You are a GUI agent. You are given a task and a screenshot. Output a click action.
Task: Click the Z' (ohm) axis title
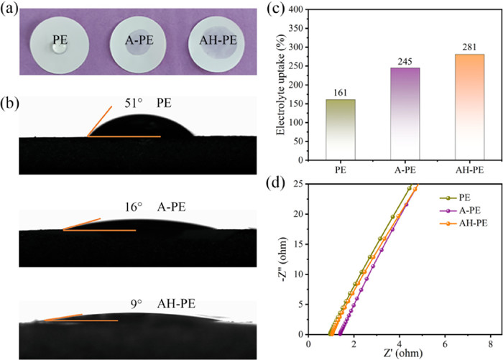(x=400, y=354)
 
